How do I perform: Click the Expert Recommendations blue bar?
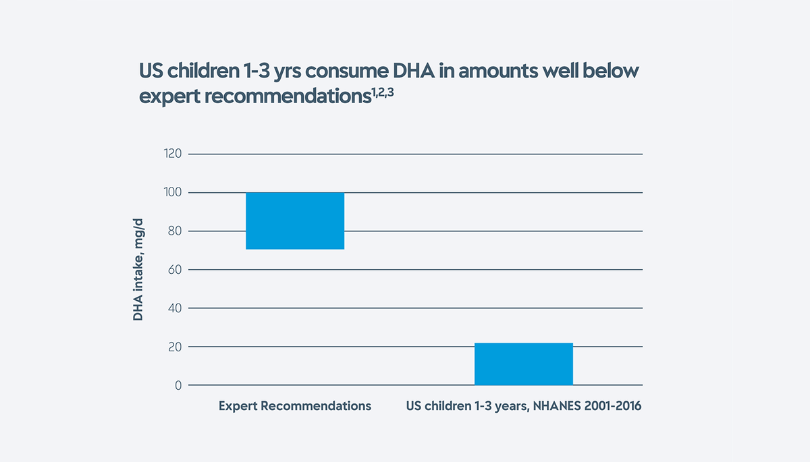(295, 221)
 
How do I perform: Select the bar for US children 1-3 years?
(524, 364)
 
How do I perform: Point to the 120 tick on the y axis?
(173, 154)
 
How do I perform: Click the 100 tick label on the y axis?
(173, 193)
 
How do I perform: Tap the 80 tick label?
(175, 231)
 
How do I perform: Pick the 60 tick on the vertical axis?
(175, 270)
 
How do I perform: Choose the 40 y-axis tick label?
(175, 308)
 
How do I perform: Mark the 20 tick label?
(175, 347)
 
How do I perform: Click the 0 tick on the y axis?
(178, 385)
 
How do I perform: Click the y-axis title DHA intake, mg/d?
(138, 270)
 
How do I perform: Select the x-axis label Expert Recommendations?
(295, 407)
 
